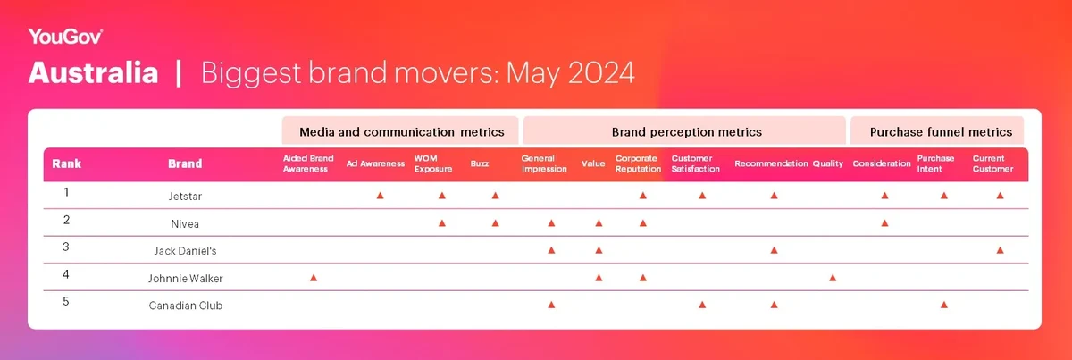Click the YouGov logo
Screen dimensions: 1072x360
pos(65,37)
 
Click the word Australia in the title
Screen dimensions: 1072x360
pos(93,72)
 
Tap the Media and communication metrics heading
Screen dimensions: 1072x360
pos(401,132)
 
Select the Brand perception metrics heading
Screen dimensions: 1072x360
pos(686,132)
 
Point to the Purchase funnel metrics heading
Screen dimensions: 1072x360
pos(941,132)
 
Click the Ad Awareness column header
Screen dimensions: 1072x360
pos(375,163)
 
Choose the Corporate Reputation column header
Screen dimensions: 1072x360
pos(638,163)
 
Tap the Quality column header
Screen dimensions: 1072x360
pos(827,163)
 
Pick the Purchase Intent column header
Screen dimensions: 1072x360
pos(935,163)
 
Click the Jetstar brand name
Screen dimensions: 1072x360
pos(185,197)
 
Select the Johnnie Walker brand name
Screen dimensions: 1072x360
pos(185,279)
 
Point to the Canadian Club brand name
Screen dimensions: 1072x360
pos(185,306)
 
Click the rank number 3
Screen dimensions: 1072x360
pos(66,247)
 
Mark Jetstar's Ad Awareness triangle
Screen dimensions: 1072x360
pos(380,196)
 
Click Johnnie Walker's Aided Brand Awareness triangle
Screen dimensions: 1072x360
pos(314,278)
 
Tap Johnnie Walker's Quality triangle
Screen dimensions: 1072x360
pos(833,278)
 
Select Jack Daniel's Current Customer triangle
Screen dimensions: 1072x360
pos(1001,250)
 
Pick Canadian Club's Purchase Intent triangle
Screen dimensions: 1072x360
pos(943,305)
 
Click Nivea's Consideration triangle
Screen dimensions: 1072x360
pos(885,223)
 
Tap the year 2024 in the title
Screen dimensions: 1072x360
pos(601,72)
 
